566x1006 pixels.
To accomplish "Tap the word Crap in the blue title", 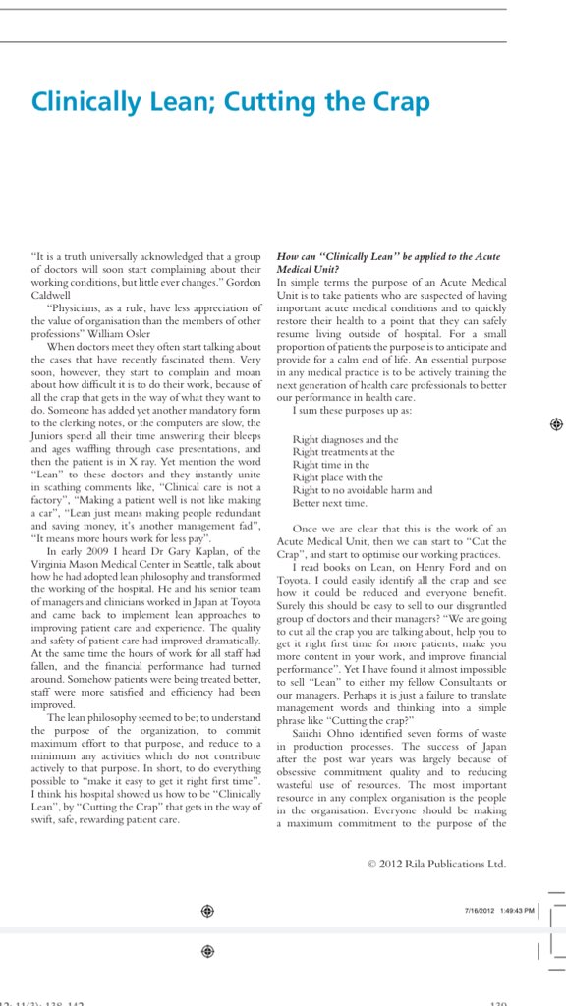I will pos(398,101).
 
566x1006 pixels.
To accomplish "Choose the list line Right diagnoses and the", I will pos(345,439).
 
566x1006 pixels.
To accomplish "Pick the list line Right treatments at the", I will pos(343,452).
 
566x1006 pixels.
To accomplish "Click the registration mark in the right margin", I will pos(555,423).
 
